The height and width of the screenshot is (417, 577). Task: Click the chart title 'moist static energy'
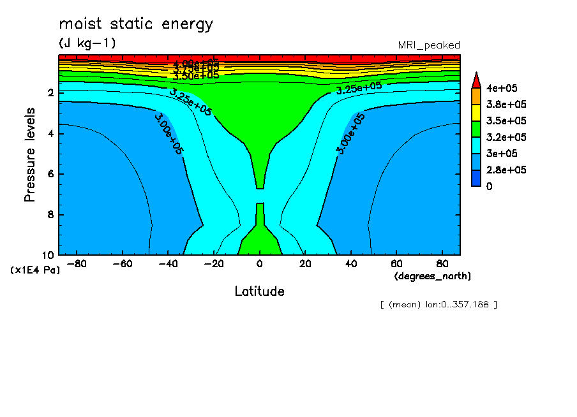pos(136,25)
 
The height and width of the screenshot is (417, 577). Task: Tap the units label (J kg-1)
pos(87,43)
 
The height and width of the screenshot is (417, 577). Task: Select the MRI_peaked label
pos(429,45)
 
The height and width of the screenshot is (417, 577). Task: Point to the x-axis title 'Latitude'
pos(259,291)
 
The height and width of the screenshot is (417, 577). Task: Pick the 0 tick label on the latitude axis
pos(259,264)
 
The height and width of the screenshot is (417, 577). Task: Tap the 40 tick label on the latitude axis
pos(350,264)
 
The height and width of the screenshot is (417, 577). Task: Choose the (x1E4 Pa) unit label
pos(35,270)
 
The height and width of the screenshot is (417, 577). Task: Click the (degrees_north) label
pos(433,275)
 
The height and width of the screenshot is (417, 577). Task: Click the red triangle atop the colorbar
pos(476,80)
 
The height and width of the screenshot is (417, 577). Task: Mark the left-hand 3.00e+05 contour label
pos(169,133)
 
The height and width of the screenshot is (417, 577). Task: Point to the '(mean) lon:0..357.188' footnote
pos(438,304)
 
